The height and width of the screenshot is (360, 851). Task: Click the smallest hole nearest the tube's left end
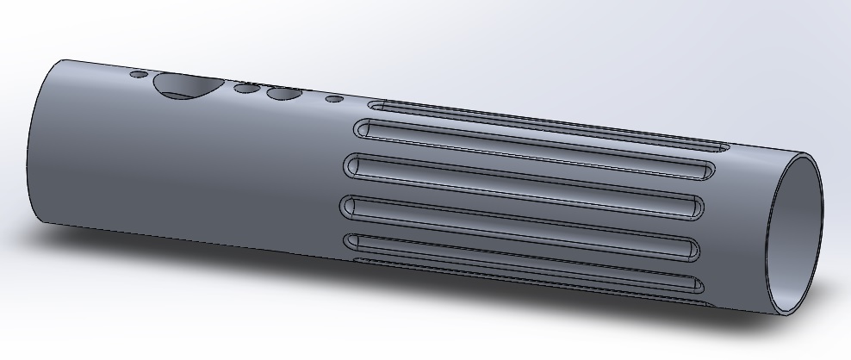(x=138, y=75)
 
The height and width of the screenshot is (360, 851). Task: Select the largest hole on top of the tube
(x=183, y=84)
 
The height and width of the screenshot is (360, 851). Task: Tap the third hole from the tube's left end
(x=246, y=88)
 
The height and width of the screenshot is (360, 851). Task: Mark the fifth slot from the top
(x=525, y=252)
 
